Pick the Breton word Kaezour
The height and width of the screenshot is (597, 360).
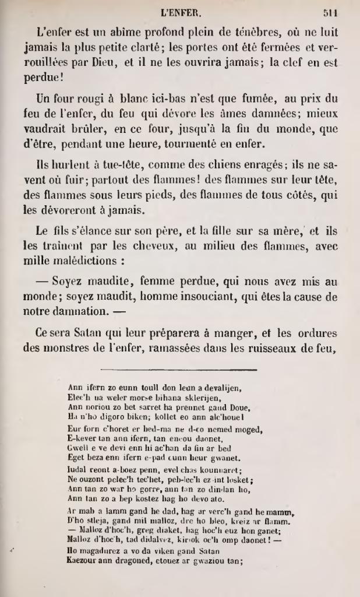[83, 561]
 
